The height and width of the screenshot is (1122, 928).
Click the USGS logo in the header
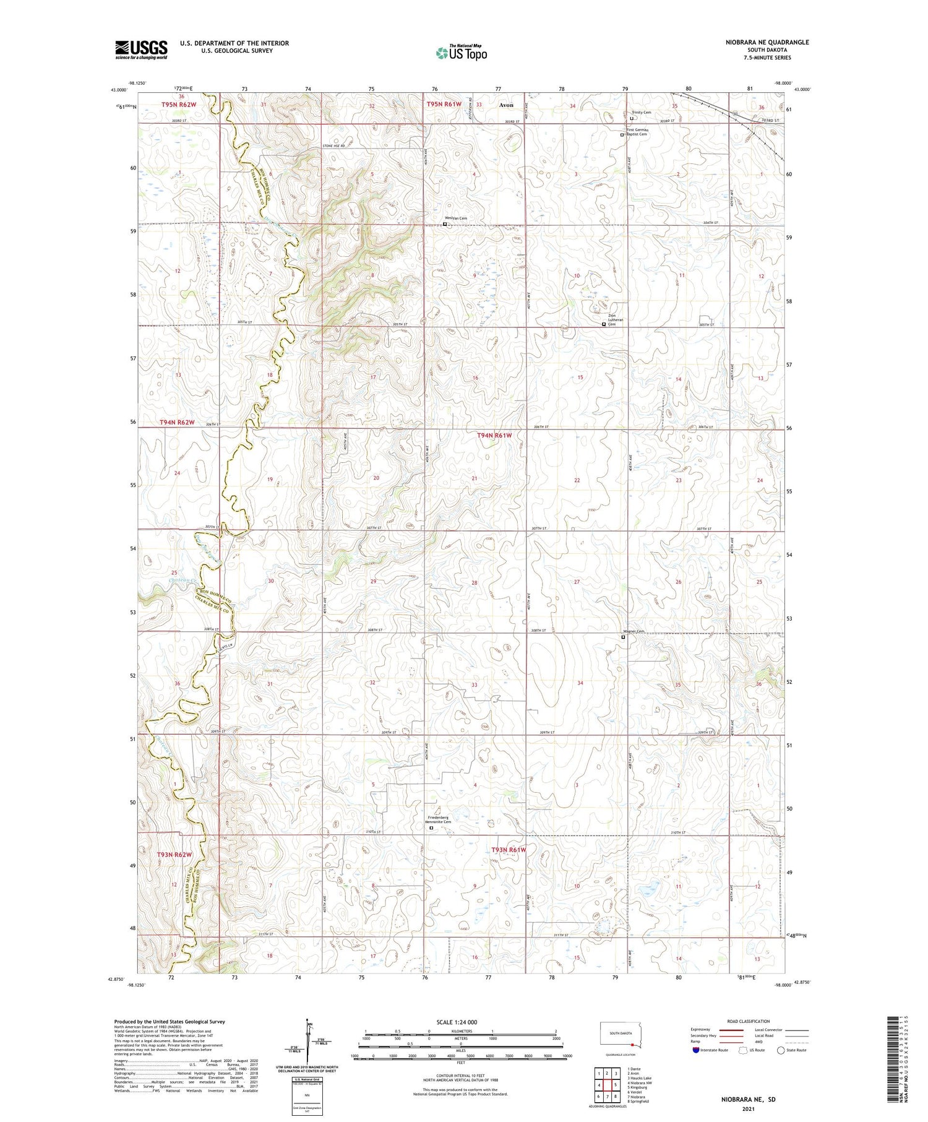[141, 50]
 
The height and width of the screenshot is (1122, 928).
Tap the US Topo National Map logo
[461, 53]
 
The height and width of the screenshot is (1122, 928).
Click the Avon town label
[506, 105]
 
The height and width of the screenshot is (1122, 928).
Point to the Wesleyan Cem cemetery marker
[445, 225]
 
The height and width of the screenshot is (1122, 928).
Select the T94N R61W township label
[494, 436]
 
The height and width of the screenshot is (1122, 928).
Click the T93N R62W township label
[174, 855]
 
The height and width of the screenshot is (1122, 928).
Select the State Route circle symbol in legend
[781, 1050]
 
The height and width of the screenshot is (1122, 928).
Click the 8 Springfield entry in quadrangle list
[638, 1102]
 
